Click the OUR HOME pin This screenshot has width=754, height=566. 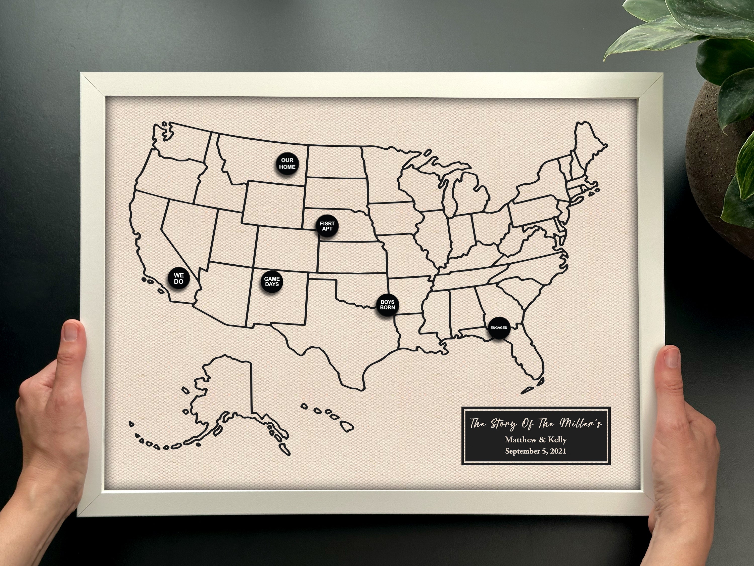tap(287, 164)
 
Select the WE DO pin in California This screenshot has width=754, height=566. tap(179, 278)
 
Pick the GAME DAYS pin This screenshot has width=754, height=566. tap(272, 281)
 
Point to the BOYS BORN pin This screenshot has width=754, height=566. tap(388, 305)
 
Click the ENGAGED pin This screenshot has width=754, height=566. tap(499, 328)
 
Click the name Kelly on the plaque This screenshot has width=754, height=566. tap(557, 440)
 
